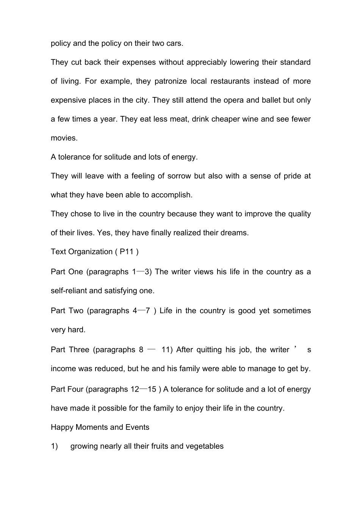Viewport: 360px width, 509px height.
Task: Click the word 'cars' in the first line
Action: point(174,43)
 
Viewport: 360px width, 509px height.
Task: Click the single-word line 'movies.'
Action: point(64,138)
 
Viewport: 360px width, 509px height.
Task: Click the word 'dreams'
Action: point(234,233)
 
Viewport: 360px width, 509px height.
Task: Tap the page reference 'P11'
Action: point(127,251)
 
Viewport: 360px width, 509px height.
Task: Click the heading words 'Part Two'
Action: point(67,311)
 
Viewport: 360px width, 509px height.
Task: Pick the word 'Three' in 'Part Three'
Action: point(79,350)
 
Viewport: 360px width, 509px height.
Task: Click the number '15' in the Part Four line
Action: point(152,389)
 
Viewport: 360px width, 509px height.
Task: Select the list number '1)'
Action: point(54,446)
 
